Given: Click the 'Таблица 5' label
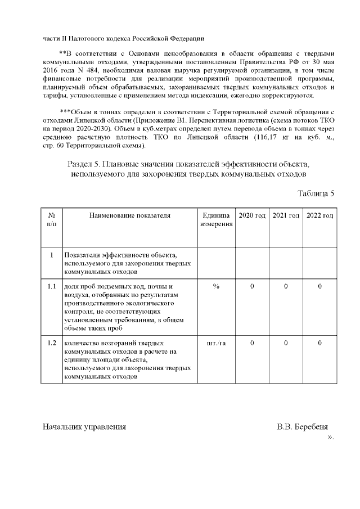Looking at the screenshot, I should [316, 194].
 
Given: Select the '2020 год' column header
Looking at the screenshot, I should [252, 216].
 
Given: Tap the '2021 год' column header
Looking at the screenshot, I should [286, 216].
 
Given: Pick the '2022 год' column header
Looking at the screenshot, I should [319, 216].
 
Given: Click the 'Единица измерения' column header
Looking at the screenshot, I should [216, 220].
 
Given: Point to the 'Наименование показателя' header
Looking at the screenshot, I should [129, 216].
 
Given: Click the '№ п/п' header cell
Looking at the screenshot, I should [51, 220].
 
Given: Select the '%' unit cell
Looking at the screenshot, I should [216, 287].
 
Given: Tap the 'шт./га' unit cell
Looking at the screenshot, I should [216, 343].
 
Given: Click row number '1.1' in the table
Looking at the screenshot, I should [51, 287].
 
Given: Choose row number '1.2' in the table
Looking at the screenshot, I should [51, 343].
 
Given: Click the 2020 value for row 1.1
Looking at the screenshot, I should [252, 287].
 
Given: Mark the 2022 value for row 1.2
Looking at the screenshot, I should [319, 343].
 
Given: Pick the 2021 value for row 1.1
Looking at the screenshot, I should [286, 287].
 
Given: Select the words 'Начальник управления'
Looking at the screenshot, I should [84, 426].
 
